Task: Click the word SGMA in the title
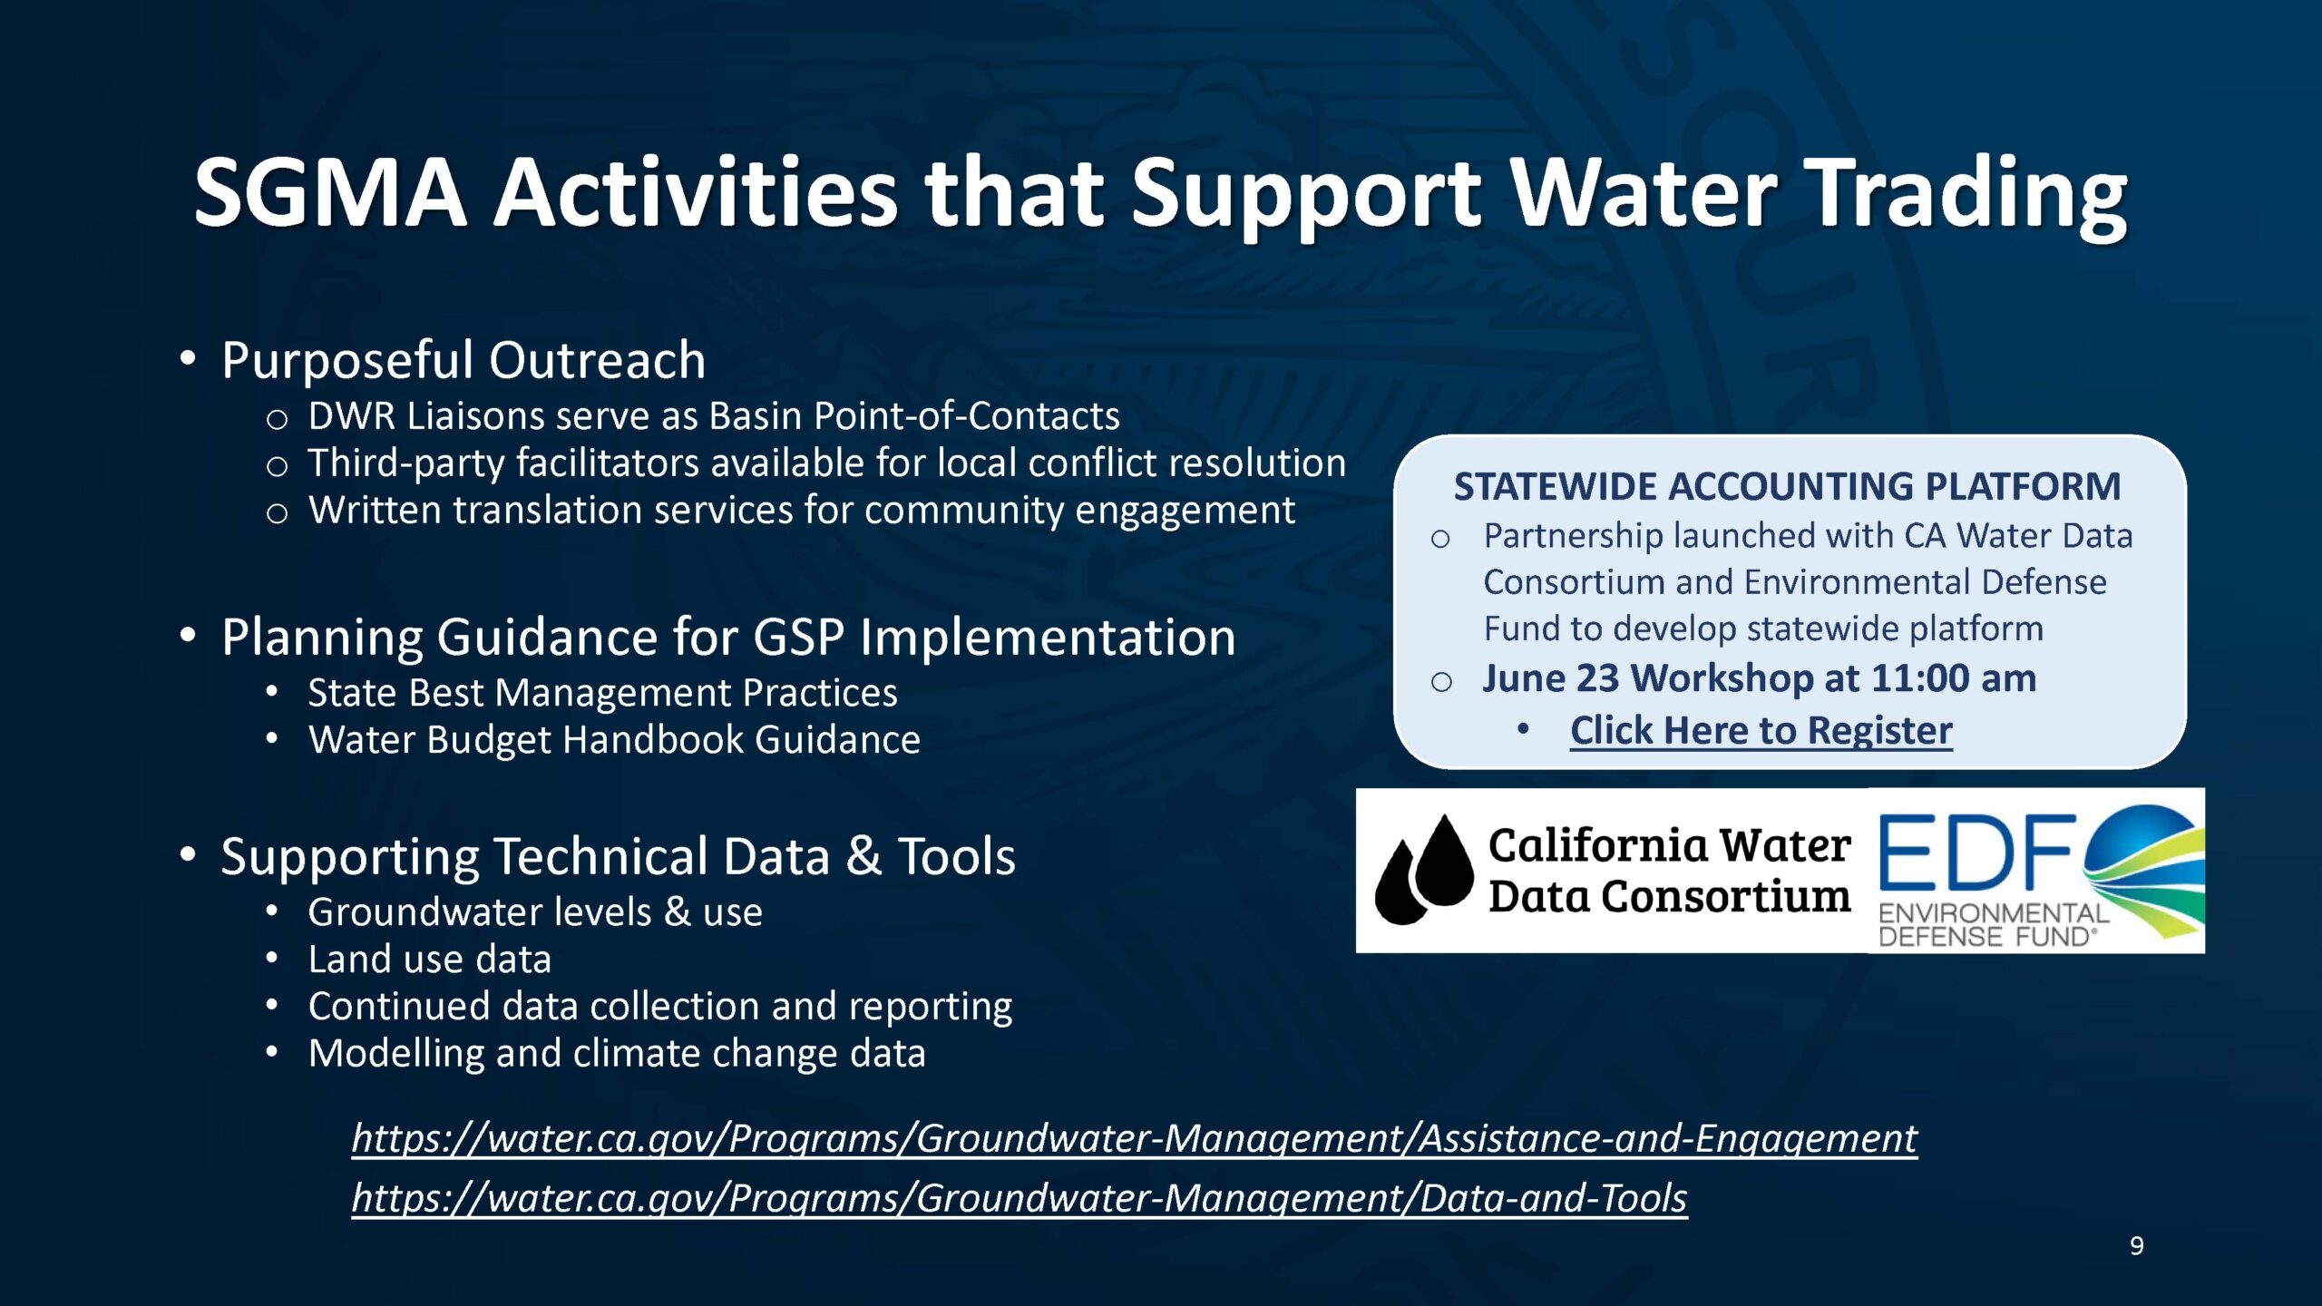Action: pos(330,192)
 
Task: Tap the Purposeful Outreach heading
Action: pos(463,360)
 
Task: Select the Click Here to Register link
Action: pos(1761,730)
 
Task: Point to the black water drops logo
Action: pos(1424,870)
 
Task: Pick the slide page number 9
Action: pos(2136,1246)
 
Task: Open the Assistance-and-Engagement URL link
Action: pos(1135,1138)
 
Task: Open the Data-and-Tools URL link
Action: pos(1020,1198)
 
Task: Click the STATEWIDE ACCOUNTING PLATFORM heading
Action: pos(1788,487)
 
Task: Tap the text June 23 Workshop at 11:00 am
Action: pos(1760,678)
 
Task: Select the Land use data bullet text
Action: pos(430,960)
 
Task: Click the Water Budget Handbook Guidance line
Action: pos(614,740)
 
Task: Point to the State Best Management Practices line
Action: pos(602,693)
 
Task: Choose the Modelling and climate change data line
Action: pos(617,1054)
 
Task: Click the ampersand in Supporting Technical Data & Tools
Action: pos(863,857)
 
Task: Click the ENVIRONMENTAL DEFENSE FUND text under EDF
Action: pos(1993,925)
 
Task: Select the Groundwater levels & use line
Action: pos(535,912)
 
